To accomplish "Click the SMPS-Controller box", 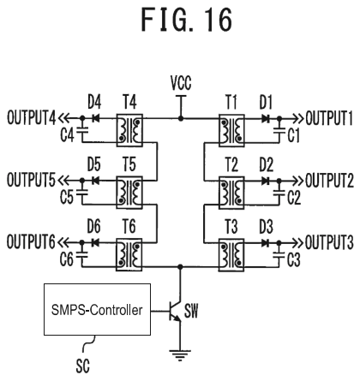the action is coord(97,309).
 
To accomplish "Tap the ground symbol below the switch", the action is coord(180,355).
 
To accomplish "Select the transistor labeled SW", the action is coord(175,311).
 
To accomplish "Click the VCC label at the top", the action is coord(181,83).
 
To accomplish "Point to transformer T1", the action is coord(231,131).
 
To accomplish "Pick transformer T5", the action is coord(129,193).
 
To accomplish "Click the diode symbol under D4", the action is coord(95,118).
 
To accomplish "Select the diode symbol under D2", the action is coord(266,181).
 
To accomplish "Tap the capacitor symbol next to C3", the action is coord(279,255).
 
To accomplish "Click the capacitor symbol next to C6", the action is coord(82,254).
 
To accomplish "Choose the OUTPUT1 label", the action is coord(329,118).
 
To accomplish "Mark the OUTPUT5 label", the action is coord(31,180).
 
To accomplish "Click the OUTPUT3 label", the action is coord(329,242).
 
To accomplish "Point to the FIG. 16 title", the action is coord(187,20).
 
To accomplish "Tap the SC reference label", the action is coord(83,366).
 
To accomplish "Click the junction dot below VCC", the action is coord(181,118).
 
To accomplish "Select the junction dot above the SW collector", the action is coord(180,267).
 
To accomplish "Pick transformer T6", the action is coord(129,254).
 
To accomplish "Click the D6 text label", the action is coord(94,226).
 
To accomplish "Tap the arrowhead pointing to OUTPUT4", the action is coord(63,118).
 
